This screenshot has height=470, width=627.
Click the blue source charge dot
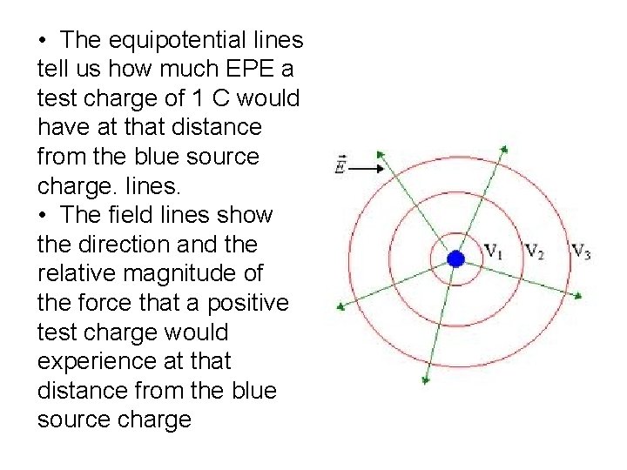tap(455, 258)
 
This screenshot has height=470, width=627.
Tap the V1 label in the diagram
tap(494, 253)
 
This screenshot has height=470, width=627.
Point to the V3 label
tap(582, 252)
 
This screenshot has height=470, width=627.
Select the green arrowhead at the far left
tap(341, 305)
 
